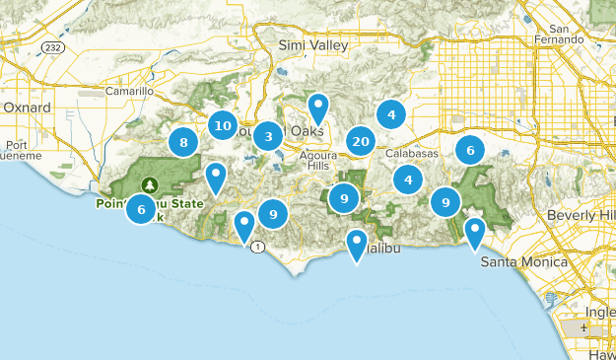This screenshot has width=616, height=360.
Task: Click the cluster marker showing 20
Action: (x=361, y=141)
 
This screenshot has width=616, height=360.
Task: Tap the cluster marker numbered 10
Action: (x=223, y=126)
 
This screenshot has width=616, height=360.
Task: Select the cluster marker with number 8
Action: (x=183, y=143)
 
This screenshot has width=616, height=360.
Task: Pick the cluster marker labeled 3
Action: (x=266, y=136)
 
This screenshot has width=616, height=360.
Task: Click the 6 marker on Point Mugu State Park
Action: (x=142, y=209)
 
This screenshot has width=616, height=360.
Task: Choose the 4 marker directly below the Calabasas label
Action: (x=407, y=180)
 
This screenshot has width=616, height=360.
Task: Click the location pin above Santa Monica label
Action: (x=474, y=233)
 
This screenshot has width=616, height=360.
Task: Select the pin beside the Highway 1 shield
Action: (x=244, y=226)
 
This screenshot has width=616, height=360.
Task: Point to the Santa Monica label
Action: (x=523, y=262)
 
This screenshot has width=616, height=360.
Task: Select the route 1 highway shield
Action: (x=257, y=246)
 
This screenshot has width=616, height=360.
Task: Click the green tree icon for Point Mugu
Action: (x=150, y=184)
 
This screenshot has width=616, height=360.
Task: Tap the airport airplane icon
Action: (x=587, y=325)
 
